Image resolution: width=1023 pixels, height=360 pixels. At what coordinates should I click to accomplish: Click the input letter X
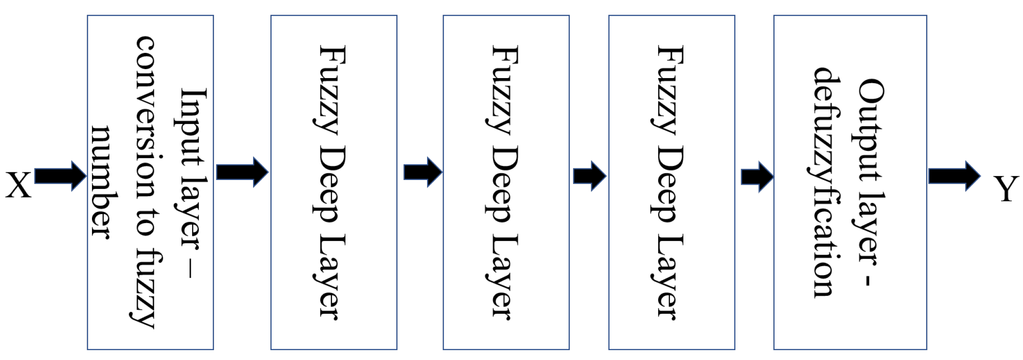pyautogui.click(x=18, y=184)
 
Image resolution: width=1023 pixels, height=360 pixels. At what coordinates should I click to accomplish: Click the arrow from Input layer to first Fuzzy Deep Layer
pyautogui.click(x=242, y=172)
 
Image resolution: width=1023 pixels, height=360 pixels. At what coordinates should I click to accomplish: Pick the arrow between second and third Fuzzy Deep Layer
pyautogui.click(x=589, y=176)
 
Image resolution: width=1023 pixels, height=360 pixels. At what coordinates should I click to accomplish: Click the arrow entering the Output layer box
pyautogui.click(x=757, y=177)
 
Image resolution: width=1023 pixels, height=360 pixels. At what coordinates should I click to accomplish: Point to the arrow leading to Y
pyautogui.click(x=954, y=176)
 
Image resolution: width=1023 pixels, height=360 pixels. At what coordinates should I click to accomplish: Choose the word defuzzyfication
pyautogui.click(x=826, y=182)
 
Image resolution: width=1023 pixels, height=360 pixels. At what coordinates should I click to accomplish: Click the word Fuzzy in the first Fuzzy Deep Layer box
pyautogui.click(x=331, y=90)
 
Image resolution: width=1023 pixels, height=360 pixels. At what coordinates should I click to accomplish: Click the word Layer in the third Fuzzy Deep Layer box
pyautogui.click(x=669, y=277)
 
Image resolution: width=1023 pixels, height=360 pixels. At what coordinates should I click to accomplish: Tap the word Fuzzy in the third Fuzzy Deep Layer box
pyautogui.click(x=669, y=90)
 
